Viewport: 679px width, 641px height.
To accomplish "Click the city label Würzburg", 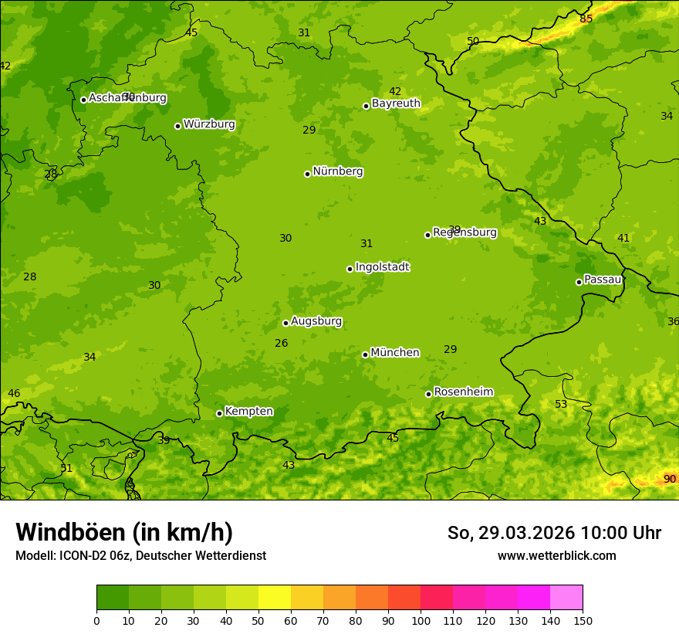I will [209, 124].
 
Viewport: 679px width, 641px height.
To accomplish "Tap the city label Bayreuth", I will [396, 103].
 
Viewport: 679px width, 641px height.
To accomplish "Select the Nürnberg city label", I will [337, 171].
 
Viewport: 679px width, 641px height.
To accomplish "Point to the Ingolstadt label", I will [382, 267].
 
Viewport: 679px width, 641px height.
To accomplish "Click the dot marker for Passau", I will [579, 282].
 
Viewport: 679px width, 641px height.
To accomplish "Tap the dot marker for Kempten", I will [219, 413].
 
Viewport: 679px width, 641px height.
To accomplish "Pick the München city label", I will [395, 353].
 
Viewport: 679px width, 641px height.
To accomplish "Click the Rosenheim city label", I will [463, 392].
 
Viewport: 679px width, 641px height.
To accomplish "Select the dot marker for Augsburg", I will [285, 323].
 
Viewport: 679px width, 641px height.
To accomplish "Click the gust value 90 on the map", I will [670, 480].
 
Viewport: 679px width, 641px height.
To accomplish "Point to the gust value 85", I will [586, 19].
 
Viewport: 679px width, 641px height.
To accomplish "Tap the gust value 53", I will [561, 405].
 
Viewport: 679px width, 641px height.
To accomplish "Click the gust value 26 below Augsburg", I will [282, 344].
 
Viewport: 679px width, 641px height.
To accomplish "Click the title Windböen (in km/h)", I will [124, 533].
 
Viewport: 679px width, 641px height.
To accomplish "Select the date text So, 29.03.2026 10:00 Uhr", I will [554, 533].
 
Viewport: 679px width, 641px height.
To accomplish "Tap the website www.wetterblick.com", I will [556, 556].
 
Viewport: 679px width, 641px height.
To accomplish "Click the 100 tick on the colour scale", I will [421, 621].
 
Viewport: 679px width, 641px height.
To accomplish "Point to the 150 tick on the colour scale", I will [583, 621].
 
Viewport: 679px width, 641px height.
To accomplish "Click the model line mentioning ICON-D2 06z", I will [140, 556].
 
